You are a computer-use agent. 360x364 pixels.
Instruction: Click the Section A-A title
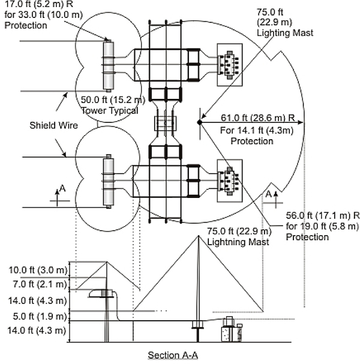tap(173, 355)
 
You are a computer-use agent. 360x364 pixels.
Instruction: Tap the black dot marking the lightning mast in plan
tap(200, 122)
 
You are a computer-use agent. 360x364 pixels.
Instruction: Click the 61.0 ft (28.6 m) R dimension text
tap(257, 118)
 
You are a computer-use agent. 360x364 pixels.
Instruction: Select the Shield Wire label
tap(53, 125)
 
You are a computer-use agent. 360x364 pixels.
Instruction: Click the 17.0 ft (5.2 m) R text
tap(39, 4)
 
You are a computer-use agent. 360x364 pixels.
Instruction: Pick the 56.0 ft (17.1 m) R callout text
tap(323, 215)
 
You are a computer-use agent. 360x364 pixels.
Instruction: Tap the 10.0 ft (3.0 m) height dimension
tap(38, 270)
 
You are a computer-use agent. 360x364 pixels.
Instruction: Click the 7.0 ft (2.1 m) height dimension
tap(40, 284)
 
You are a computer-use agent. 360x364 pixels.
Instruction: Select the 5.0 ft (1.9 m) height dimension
tap(40, 316)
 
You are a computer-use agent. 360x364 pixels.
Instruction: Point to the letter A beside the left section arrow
tap(62, 188)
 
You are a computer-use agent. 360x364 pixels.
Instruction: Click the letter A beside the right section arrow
tap(268, 194)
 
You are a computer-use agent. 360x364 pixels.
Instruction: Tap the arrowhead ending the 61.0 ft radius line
tap(301, 122)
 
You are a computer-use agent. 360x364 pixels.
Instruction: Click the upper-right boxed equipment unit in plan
tap(230, 65)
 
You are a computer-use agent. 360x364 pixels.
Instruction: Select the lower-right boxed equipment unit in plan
tap(230, 181)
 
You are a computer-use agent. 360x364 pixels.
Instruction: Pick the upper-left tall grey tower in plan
tap(109, 66)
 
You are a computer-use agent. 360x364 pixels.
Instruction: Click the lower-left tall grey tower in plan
tap(109, 181)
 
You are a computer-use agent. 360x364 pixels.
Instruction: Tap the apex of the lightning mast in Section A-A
tap(199, 236)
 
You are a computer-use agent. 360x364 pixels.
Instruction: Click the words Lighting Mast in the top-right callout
tap(285, 33)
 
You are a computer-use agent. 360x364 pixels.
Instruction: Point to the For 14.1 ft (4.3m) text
tap(257, 131)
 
